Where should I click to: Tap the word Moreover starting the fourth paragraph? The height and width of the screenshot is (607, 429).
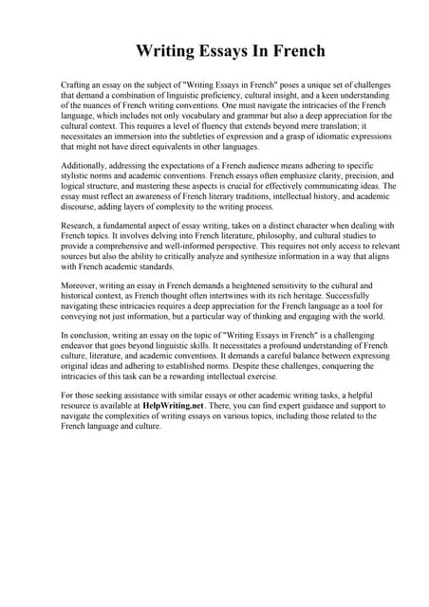(x=82, y=285)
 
